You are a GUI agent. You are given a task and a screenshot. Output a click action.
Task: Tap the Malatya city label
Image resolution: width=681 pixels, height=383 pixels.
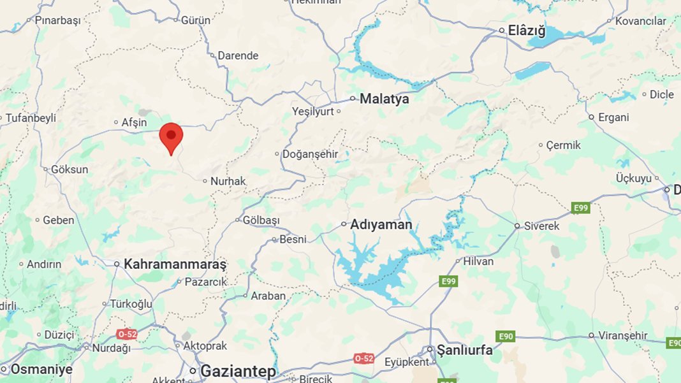click(384, 99)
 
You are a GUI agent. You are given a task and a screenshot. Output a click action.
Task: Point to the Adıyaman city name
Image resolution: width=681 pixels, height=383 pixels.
click(381, 224)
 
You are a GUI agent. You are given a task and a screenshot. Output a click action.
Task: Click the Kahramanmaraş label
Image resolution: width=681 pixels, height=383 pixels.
click(175, 264)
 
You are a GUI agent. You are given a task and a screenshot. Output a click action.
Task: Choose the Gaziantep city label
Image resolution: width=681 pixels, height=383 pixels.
click(238, 371)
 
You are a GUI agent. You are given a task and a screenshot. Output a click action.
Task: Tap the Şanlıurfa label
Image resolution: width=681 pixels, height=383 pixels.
click(464, 350)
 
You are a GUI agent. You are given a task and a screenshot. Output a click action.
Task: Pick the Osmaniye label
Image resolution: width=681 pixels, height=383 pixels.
click(41, 370)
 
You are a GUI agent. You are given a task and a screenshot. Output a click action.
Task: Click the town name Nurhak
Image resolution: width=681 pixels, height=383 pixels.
click(228, 182)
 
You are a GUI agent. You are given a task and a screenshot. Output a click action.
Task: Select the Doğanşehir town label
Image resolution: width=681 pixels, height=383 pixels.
click(311, 154)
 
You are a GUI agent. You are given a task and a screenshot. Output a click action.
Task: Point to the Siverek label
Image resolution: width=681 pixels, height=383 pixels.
click(542, 226)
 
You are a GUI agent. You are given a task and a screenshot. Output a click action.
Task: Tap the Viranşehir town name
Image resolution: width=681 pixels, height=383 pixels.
click(623, 336)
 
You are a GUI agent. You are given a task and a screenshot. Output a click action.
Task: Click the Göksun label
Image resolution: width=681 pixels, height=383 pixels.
click(70, 170)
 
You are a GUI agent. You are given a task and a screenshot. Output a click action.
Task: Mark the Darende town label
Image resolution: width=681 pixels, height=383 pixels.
click(238, 55)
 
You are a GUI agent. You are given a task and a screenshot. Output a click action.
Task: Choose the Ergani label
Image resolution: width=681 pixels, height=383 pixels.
click(613, 117)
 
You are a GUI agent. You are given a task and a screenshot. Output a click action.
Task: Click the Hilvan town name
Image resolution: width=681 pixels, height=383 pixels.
click(478, 261)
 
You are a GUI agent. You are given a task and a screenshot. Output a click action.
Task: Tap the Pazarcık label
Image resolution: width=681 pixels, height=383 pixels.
click(206, 282)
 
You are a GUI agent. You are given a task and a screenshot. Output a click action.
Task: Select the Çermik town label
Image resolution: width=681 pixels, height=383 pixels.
click(564, 145)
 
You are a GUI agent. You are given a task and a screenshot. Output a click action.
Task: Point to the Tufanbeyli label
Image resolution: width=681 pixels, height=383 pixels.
click(31, 118)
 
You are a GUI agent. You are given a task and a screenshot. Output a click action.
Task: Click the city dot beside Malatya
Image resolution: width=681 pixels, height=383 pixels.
click(353, 99)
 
